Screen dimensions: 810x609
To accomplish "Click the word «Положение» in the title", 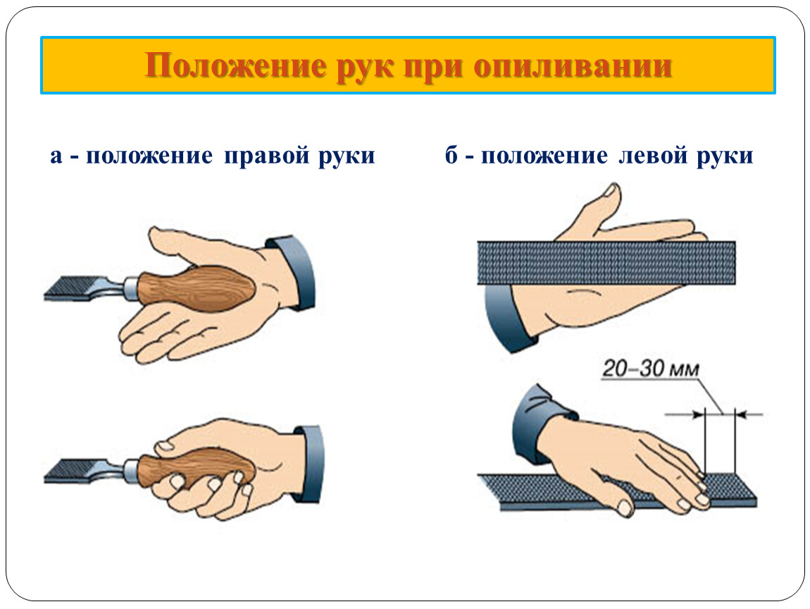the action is [x=236, y=66].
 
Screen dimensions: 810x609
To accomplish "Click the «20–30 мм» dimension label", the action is [x=651, y=369].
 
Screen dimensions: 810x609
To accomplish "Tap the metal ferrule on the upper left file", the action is [x=131, y=289].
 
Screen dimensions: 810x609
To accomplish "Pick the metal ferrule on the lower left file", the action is [x=131, y=470].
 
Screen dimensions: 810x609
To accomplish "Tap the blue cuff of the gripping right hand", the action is [x=310, y=463].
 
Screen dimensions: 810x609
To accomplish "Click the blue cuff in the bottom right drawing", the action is [x=539, y=422].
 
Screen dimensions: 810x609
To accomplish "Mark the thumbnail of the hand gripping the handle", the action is [x=166, y=445].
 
